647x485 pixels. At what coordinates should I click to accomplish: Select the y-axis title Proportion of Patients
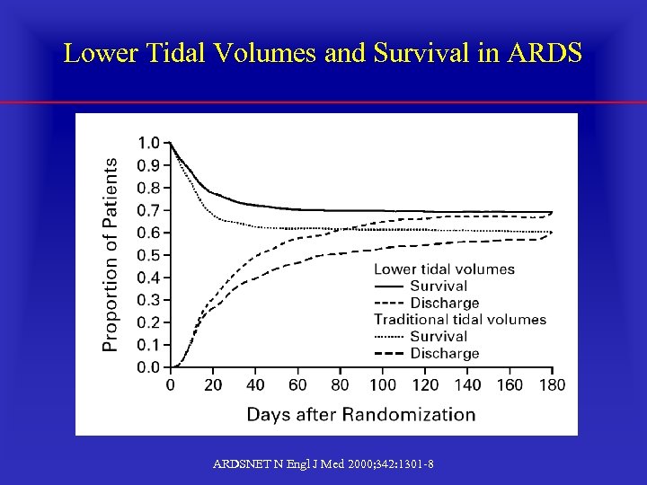110,255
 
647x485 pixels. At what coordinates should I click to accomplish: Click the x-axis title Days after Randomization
361,414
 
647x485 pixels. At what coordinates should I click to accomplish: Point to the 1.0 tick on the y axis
148,143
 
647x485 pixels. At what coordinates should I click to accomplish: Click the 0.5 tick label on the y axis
148,255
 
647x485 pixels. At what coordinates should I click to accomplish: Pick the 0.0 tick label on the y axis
148,367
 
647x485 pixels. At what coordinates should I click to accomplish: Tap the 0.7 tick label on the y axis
148,210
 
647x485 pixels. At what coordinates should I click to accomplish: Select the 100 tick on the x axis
383,384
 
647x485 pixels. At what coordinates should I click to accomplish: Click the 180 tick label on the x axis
552,384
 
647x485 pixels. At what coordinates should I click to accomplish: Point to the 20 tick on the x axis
213,384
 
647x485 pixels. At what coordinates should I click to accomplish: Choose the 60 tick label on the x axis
297,384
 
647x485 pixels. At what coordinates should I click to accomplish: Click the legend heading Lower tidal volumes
444,269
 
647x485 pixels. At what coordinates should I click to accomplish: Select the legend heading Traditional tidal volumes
460,320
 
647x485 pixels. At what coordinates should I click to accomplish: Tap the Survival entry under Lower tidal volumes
439,287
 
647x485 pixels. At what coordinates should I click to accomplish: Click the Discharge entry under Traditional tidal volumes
444,354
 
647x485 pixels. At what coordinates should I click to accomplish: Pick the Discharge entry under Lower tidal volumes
444,304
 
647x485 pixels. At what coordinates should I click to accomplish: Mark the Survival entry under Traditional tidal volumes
439,337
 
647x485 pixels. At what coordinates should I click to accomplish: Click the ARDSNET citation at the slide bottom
323,463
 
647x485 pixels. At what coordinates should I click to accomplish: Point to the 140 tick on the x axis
467,384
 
